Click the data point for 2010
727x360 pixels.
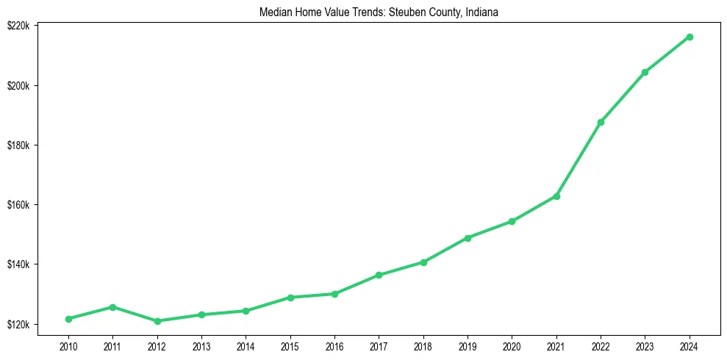tap(68, 319)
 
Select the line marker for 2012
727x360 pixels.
tap(157, 321)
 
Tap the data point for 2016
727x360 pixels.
tap(334, 294)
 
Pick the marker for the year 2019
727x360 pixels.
tap(468, 238)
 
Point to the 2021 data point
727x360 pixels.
tap(556, 196)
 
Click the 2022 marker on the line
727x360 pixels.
tap(601, 122)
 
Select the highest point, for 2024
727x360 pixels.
tap(690, 37)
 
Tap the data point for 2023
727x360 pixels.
tap(645, 72)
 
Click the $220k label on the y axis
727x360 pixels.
tap(18, 26)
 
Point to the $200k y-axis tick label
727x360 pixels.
tap(18, 85)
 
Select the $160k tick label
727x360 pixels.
tap(18, 205)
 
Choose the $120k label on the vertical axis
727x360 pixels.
tap(18, 324)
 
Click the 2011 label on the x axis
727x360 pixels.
tap(112, 345)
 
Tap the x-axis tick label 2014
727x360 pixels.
tap(246, 345)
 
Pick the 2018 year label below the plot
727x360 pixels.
tap(423, 345)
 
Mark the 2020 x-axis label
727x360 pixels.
tap(512, 345)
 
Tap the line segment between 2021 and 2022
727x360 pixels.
tap(579, 159)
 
